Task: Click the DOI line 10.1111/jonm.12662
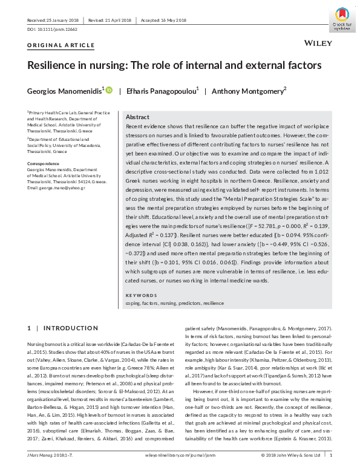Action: pyautogui.click(x=50, y=28)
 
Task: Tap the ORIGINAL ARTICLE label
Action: pyautogui.click(x=61, y=45)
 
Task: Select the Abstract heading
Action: pyautogui.click(x=137, y=117)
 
